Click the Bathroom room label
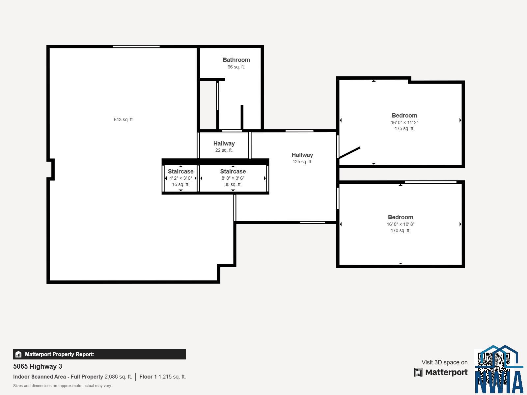coord(236,60)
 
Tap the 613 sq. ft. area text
coord(124,119)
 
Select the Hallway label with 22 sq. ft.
coord(224,144)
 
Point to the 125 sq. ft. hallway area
coord(302,162)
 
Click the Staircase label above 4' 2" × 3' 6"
coord(180,171)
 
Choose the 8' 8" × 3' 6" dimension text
coord(233,178)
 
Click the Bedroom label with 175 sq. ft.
coord(404,115)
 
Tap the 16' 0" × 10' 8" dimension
coord(401,224)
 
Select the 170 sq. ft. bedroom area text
coord(401,230)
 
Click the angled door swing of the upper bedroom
coord(349,152)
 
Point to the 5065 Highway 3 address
coord(38,366)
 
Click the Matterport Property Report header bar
coord(99,354)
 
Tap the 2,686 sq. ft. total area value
coord(118,377)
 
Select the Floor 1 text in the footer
coord(148,377)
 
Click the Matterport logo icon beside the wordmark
coord(418,372)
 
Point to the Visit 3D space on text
coord(444,362)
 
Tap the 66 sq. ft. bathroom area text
coord(236,67)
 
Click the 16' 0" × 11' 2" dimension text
coord(404,122)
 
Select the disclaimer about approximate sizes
coord(62,386)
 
